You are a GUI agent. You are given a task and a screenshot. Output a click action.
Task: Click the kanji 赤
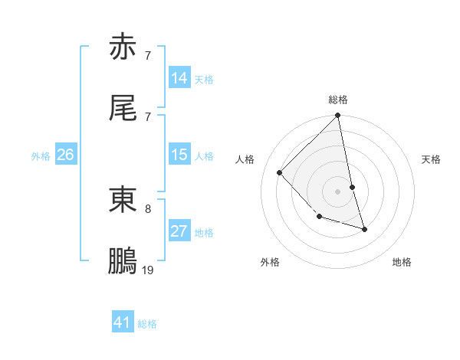(x=123, y=48)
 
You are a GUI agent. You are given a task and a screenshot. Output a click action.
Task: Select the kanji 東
(x=123, y=200)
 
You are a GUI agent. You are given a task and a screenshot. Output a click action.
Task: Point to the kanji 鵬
(x=123, y=261)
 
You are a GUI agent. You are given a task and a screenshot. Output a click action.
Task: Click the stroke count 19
(x=148, y=270)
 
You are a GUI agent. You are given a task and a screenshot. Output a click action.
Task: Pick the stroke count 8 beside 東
(x=148, y=208)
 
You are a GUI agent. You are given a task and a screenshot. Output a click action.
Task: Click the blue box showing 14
(x=179, y=78)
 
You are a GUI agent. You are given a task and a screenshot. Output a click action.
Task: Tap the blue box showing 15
(x=179, y=155)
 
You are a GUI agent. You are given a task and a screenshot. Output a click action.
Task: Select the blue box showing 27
(x=179, y=231)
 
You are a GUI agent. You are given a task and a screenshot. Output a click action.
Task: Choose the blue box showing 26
(x=65, y=155)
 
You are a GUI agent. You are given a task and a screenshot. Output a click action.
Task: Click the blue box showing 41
(x=123, y=322)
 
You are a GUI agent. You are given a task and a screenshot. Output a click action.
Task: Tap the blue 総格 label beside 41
(x=147, y=324)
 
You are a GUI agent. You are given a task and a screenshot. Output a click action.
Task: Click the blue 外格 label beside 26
(x=41, y=156)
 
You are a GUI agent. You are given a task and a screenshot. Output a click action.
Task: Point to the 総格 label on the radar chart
(x=338, y=100)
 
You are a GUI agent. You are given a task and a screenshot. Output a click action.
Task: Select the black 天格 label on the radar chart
(x=431, y=159)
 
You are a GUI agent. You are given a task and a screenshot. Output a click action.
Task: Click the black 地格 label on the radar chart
(x=402, y=262)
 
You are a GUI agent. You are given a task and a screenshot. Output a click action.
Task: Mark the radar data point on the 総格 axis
(x=338, y=116)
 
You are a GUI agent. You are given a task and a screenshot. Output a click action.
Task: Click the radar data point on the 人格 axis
(x=280, y=172)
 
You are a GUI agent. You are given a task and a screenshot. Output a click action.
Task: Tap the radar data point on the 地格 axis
(x=364, y=229)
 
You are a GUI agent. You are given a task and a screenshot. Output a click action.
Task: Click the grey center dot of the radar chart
(x=338, y=191)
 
